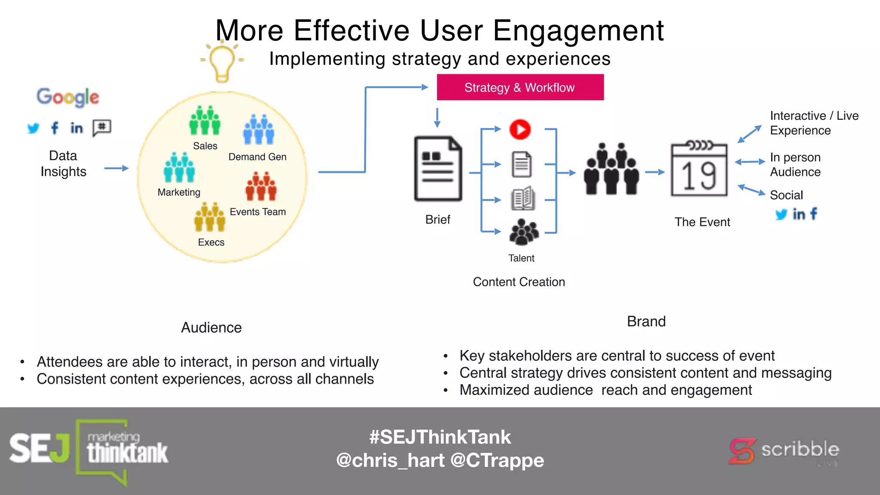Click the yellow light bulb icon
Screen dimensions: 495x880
[222, 62]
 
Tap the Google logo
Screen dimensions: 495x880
[68, 97]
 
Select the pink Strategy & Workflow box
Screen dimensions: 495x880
[520, 87]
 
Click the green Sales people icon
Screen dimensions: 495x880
[205, 121]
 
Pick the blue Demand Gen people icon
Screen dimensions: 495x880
[259, 129]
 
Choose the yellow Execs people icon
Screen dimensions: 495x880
[210, 217]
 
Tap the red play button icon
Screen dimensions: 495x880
[520, 129]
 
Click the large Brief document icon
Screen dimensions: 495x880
[438, 169]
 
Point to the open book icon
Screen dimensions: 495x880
[522, 199]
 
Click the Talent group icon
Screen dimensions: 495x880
[523, 232]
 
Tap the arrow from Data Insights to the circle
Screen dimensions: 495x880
[116, 168]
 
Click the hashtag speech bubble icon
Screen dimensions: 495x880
[102, 128]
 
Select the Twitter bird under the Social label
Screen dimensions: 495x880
[781, 214]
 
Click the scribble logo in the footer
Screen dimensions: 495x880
[784, 451]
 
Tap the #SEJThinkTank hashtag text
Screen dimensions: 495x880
[440, 437]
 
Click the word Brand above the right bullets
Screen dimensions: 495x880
[646, 321]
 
